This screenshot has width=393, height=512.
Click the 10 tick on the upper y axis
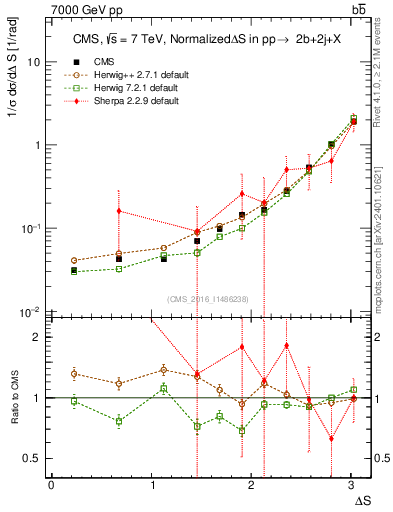click(34, 62)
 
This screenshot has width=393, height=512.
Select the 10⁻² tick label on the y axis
click(32, 311)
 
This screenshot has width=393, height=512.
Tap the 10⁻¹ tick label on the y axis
click(32, 228)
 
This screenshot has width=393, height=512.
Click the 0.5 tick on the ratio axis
click(32, 458)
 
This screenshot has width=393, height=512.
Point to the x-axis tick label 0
click(51, 485)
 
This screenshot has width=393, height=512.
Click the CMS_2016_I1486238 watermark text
click(208, 299)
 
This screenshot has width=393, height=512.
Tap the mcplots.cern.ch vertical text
click(382, 240)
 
